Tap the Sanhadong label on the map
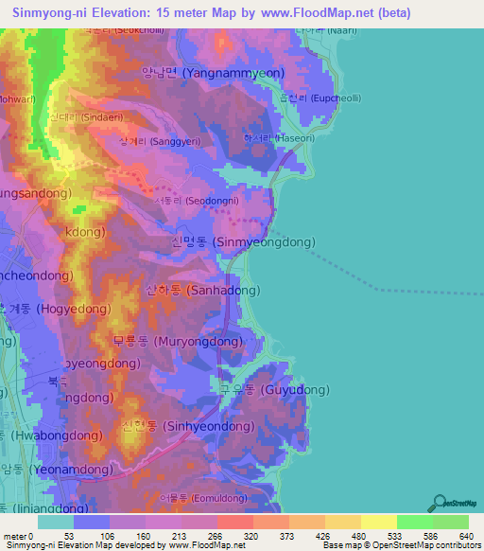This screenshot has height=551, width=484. pos(197,292)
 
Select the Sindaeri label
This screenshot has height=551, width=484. pos(78,117)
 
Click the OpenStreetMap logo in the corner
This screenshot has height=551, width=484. pos(455,502)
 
